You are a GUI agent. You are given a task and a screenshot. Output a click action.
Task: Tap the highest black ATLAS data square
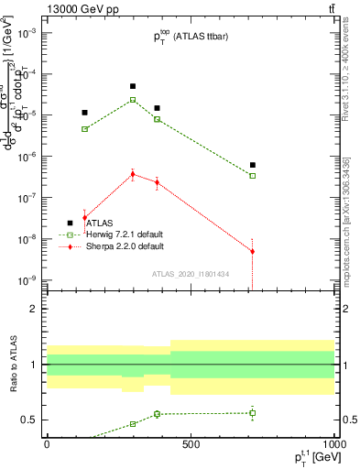133,86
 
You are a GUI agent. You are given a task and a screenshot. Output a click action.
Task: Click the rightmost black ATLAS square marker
253,165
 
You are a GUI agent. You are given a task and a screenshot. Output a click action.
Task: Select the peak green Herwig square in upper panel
133,100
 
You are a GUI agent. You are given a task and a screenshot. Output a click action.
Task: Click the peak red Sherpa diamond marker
133,174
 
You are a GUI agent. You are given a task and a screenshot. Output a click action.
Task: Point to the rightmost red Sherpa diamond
253,251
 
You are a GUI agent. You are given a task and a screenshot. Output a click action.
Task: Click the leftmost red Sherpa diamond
85,217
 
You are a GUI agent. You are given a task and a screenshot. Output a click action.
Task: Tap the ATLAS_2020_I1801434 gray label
191,274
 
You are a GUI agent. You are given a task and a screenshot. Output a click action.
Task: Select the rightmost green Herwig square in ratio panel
253,413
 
